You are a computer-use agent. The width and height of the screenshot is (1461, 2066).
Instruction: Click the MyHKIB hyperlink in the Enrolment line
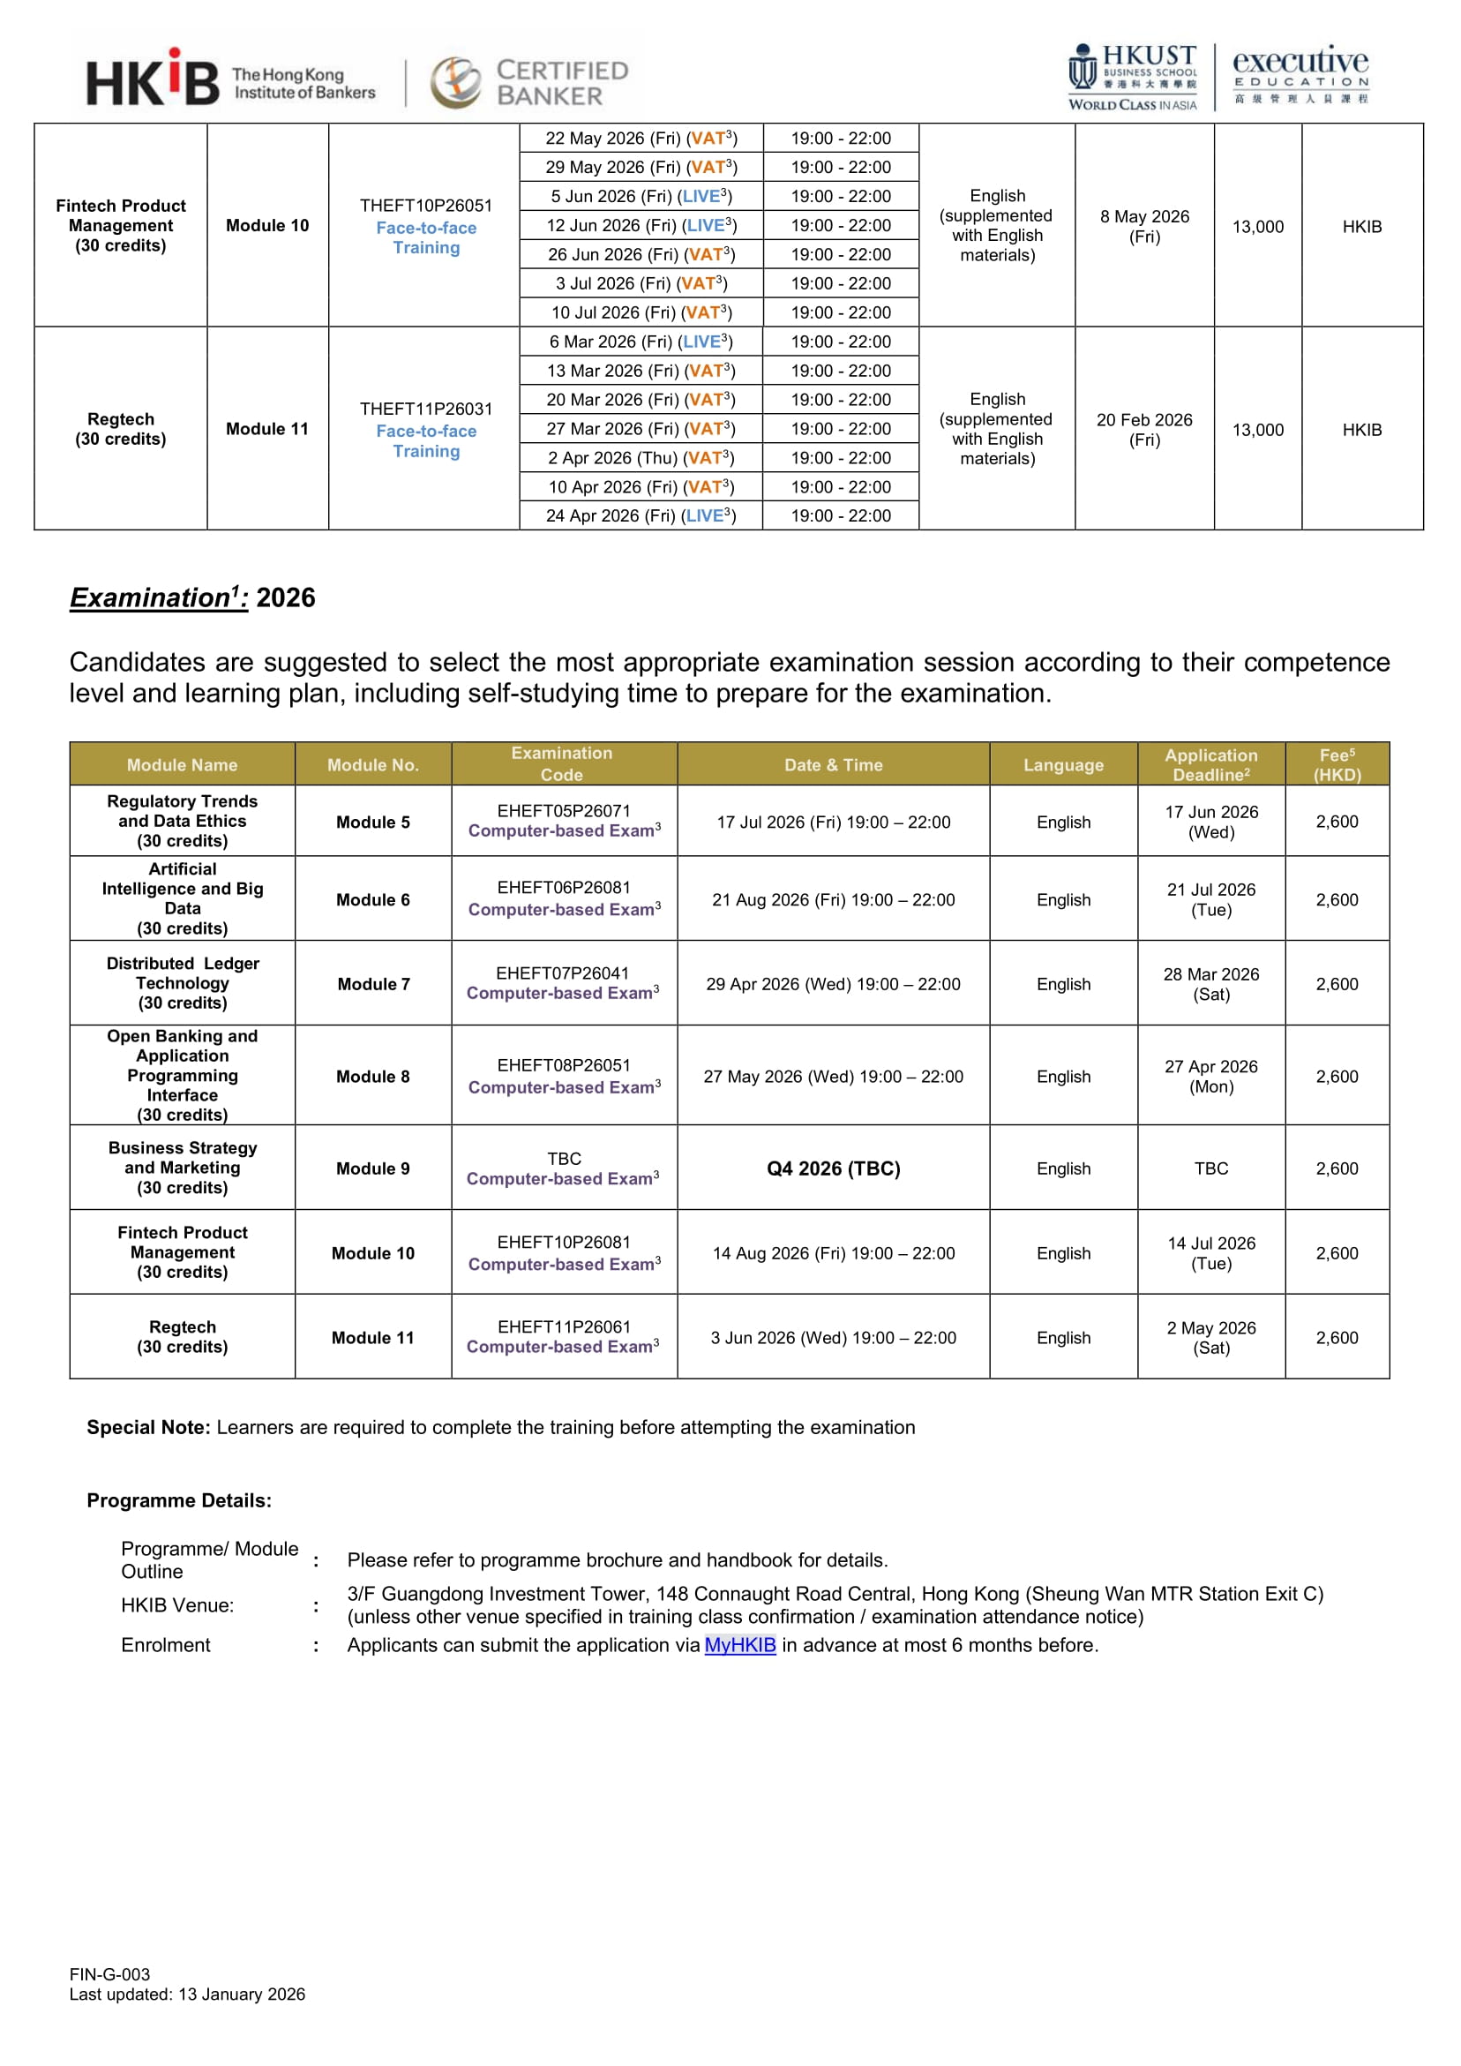(739, 1645)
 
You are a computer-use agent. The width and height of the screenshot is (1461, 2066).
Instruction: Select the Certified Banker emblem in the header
(457, 82)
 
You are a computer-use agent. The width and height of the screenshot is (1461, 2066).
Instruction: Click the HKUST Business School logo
(1133, 78)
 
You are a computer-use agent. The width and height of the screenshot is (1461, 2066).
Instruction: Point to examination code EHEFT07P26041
(562, 973)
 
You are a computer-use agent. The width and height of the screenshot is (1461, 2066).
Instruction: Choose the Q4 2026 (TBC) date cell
(833, 1168)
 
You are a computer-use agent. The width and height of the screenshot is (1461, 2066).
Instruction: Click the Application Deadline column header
(1211, 764)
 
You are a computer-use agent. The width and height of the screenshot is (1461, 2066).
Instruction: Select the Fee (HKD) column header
(1337, 764)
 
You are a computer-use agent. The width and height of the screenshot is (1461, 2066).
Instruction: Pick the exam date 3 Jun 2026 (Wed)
(833, 1337)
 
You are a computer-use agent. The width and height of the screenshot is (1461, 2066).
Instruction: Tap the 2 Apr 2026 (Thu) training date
(641, 458)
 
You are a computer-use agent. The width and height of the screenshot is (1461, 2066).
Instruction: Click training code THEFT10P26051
(425, 205)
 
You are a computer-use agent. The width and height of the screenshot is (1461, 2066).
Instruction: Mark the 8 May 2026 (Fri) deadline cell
(1144, 226)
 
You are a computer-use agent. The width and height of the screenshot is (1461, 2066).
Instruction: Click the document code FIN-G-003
(109, 1974)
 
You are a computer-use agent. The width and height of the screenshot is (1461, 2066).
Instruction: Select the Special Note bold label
(148, 1427)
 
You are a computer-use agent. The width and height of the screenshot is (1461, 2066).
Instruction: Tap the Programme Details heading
(179, 1500)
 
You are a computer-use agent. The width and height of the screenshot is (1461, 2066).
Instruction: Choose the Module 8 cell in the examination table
(372, 1076)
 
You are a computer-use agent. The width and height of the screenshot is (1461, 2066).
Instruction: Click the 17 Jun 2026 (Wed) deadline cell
(1211, 822)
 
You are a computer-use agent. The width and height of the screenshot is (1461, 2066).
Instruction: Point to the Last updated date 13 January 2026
(241, 1994)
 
